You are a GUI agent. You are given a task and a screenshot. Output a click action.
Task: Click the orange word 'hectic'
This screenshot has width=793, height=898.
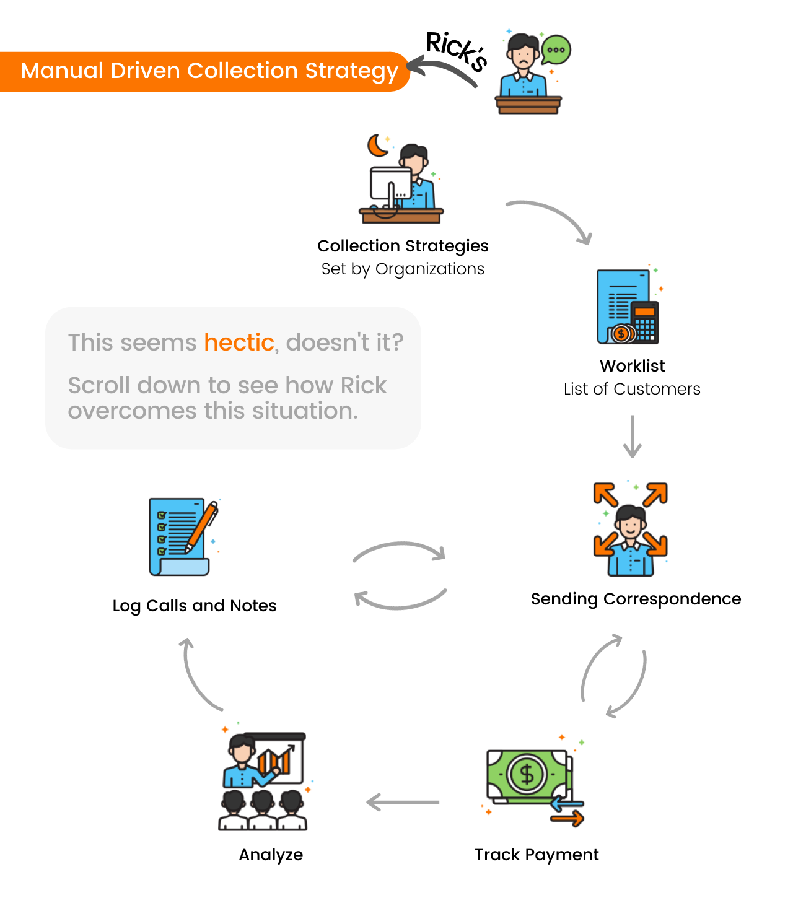239,342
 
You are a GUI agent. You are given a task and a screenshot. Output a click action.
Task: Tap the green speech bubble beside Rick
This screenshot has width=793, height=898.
556,50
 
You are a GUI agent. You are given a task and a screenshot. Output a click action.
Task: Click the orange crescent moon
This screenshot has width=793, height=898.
377,146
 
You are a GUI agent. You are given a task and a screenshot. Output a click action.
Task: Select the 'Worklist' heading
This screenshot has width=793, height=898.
632,366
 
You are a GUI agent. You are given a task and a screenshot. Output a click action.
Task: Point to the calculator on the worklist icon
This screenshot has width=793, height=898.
644,322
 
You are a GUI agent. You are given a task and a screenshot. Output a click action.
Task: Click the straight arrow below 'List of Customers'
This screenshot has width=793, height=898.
632,437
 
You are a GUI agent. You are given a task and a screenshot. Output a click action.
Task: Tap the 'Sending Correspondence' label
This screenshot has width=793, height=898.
636,599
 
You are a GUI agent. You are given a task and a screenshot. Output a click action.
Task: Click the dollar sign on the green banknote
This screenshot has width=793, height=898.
527,774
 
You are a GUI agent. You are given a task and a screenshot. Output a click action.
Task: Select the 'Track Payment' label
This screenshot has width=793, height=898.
537,855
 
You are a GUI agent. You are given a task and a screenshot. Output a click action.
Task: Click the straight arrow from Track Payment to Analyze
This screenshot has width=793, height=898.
403,803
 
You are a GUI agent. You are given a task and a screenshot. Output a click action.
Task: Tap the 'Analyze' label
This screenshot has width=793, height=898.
271,855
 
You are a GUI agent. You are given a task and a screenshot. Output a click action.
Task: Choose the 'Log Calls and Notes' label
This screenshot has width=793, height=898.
195,606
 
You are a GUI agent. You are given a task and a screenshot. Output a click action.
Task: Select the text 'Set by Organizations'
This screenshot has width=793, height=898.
403,269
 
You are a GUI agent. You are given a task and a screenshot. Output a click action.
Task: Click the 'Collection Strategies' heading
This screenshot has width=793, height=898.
403,246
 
